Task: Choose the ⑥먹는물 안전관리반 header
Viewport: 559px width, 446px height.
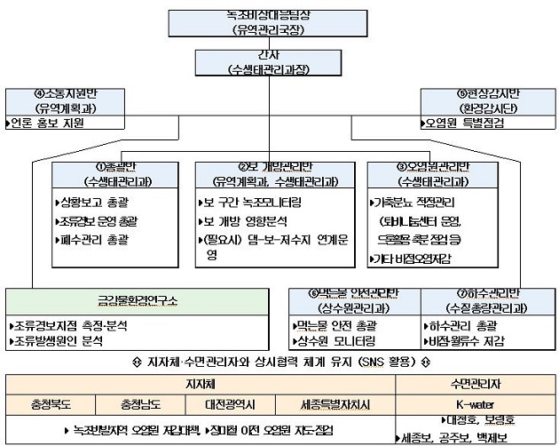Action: tap(355, 301)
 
